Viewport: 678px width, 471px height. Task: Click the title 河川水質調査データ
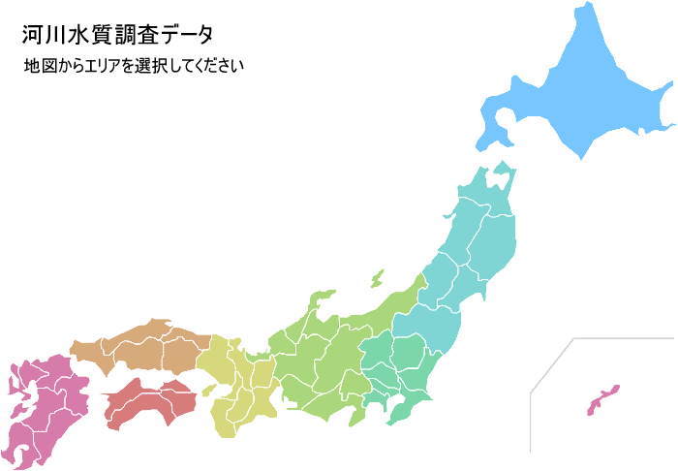pyautogui.click(x=117, y=34)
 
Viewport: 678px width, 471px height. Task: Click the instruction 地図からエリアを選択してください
pyautogui.click(x=134, y=67)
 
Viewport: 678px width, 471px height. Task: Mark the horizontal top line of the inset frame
pyautogui.click(x=625, y=338)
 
